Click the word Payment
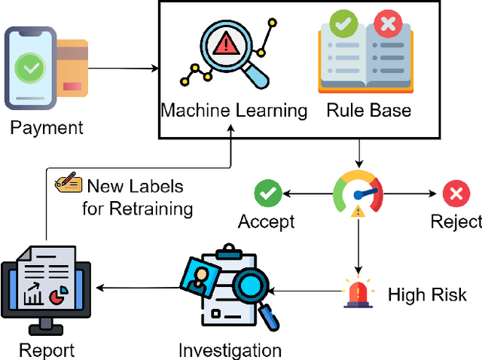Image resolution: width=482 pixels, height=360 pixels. point(47,128)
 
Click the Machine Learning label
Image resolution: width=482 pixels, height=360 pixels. point(234,111)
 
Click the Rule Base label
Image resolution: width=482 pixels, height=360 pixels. point(369,111)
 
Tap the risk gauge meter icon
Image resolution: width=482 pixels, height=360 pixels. point(358,195)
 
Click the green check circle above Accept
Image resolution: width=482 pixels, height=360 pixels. point(267,194)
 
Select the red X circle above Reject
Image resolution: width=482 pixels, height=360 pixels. point(455,194)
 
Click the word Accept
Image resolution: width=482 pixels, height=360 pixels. point(267,222)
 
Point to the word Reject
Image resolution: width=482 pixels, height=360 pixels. point(456,222)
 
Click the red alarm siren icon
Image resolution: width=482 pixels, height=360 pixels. point(358,292)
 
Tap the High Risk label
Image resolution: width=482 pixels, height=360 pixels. point(427,294)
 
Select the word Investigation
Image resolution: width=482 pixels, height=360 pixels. point(230,350)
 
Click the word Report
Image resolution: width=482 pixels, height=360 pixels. point(46,350)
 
